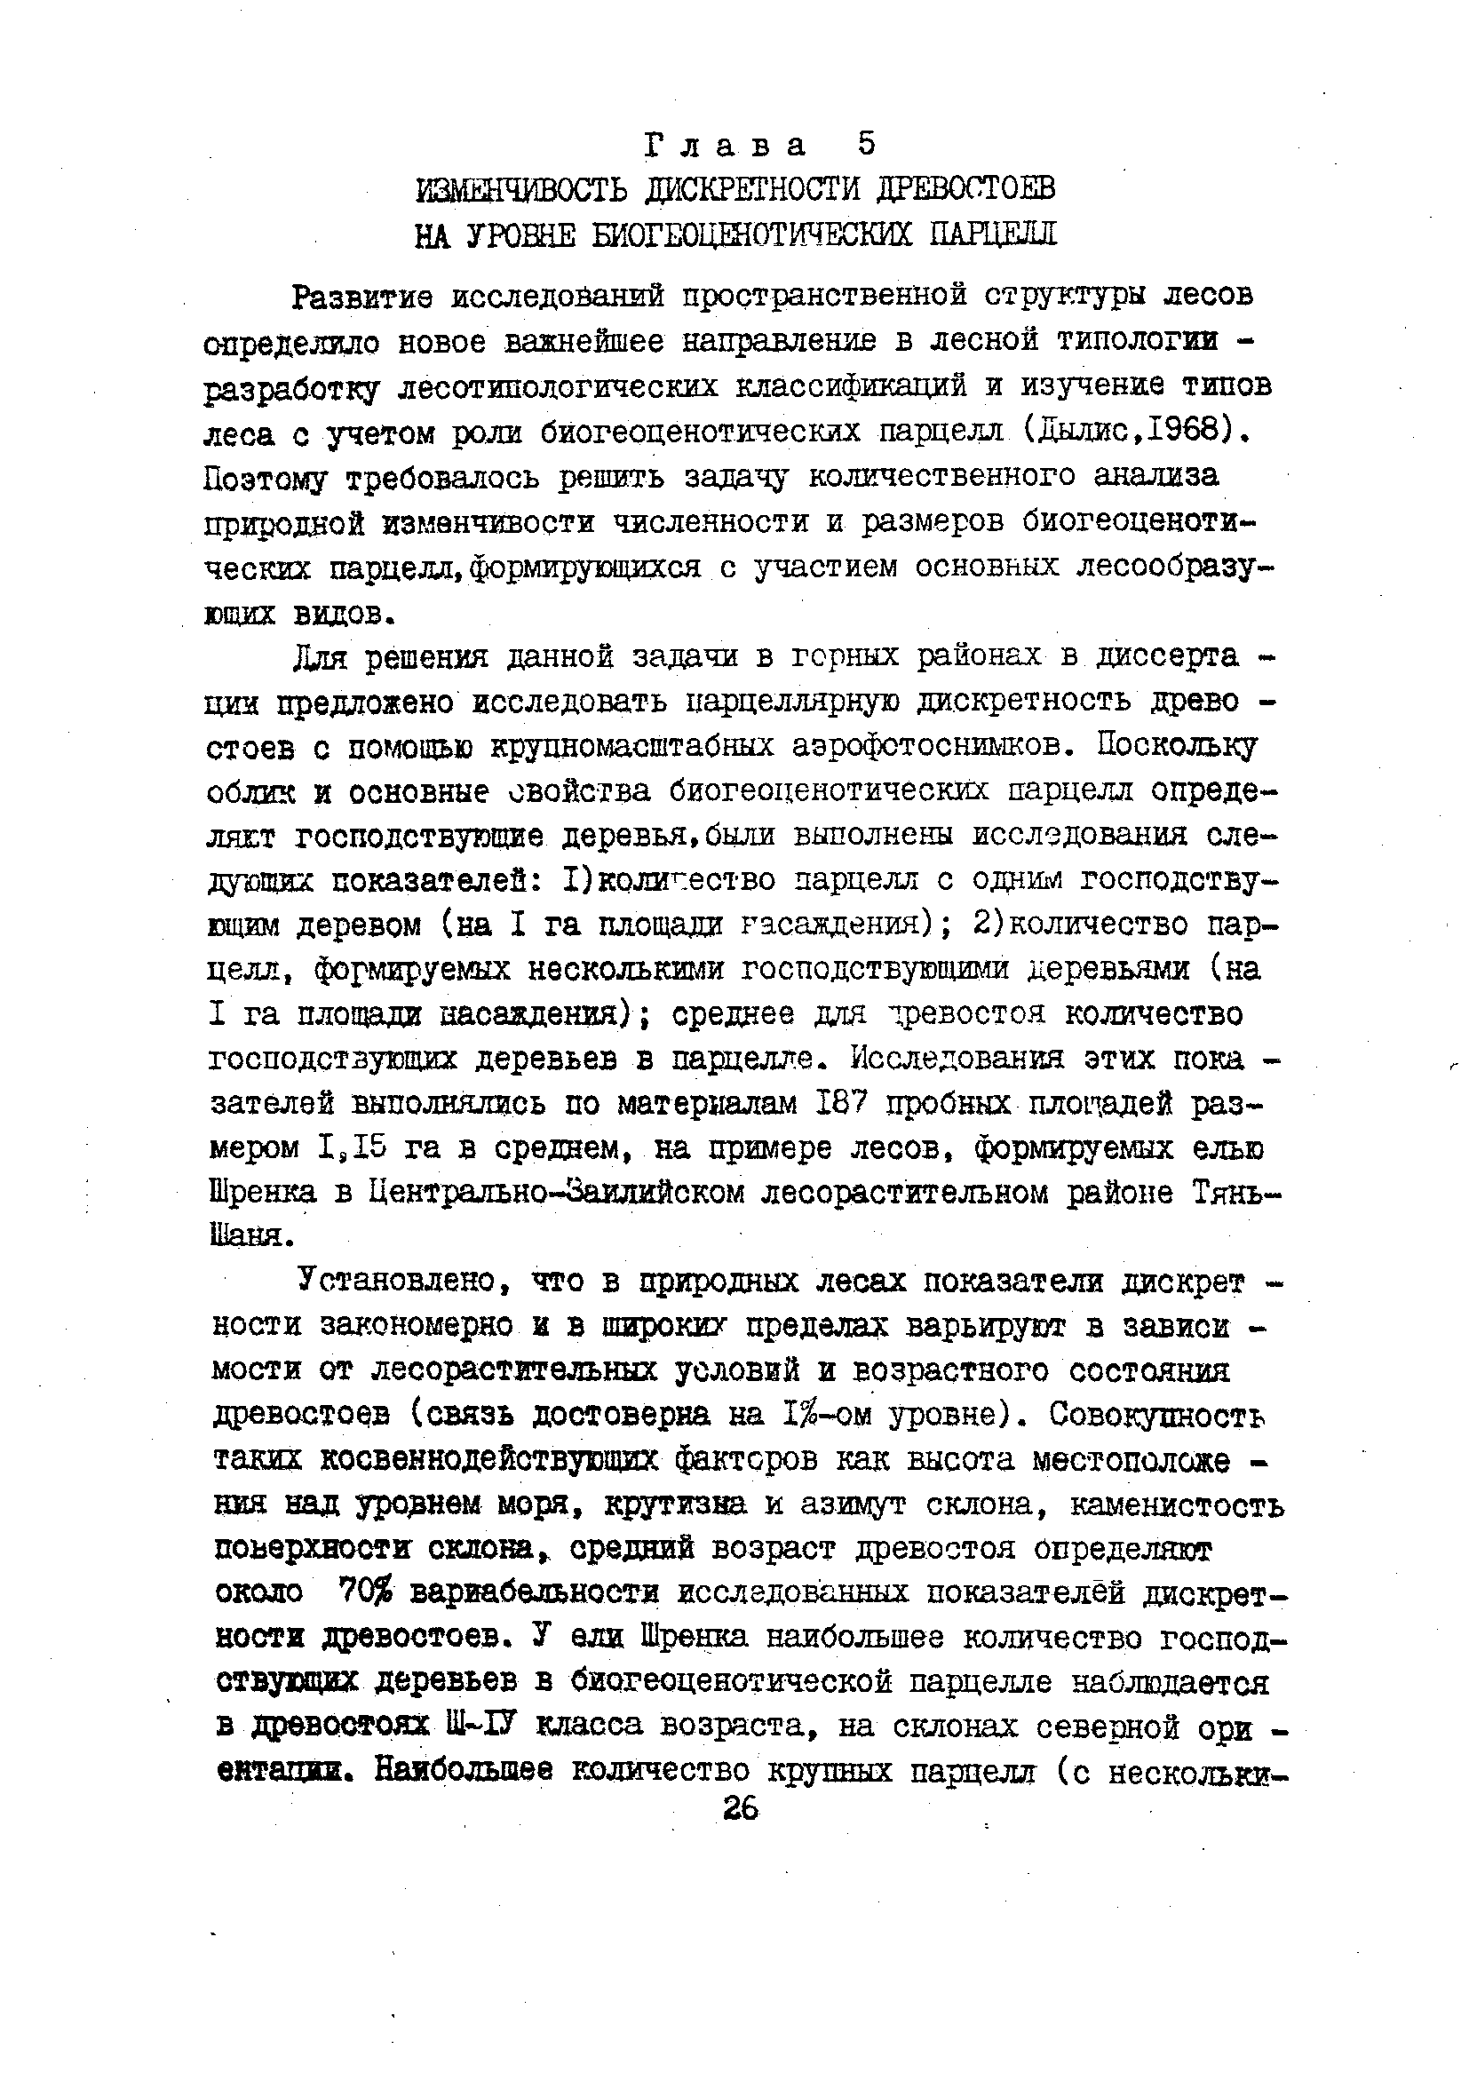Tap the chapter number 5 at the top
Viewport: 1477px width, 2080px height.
pyautogui.click(x=866, y=143)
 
